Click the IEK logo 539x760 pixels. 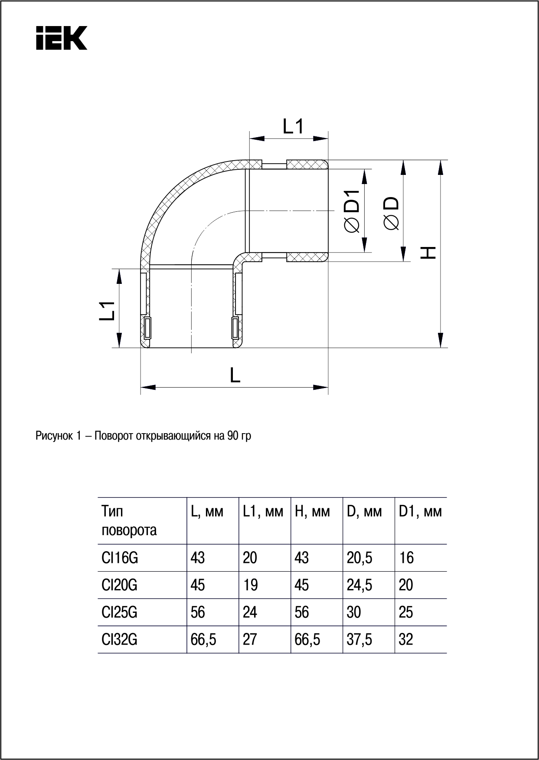[62, 38]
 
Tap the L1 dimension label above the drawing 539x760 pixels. [293, 127]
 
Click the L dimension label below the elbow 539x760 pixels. [235, 375]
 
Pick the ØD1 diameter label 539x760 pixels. [352, 211]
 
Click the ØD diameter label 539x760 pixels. [391, 213]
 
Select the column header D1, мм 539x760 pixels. [420, 512]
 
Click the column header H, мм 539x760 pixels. [312, 512]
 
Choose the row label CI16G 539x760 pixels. [120, 558]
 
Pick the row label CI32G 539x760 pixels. [120, 639]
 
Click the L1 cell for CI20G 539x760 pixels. [250, 585]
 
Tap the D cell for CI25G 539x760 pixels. [354, 612]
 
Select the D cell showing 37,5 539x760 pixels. [359, 639]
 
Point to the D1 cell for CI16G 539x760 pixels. [406, 558]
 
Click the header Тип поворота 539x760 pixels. [129, 521]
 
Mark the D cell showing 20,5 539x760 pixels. [359, 558]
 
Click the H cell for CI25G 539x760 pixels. [302, 612]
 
